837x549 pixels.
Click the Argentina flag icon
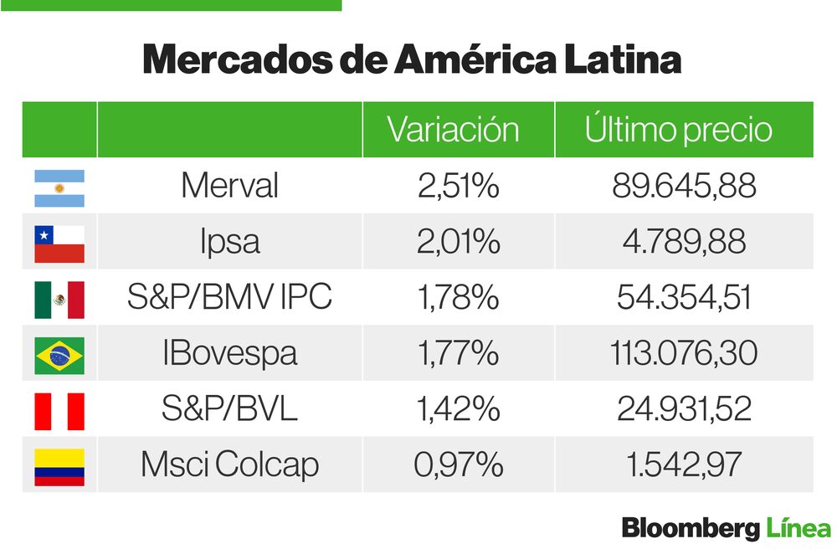click(59, 188)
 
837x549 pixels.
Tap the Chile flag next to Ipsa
click(59, 244)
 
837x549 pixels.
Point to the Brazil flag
click(59, 355)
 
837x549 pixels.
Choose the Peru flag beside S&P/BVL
click(59, 411)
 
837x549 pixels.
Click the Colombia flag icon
click(59, 467)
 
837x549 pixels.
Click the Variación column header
click(453, 130)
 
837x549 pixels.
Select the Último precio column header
click(678, 130)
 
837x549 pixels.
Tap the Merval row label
click(229, 186)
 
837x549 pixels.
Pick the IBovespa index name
click(229, 353)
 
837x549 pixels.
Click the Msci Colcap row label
click(229, 464)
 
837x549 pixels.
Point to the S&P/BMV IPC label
click(229, 297)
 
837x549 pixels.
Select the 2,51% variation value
click(458, 186)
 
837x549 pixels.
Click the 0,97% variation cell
click(458, 464)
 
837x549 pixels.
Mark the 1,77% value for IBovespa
click(458, 353)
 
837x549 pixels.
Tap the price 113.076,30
click(684, 353)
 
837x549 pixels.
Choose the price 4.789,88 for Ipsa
click(684, 242)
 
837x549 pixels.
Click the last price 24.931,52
click(684, 409)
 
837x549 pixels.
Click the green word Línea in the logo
click(798, 529)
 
